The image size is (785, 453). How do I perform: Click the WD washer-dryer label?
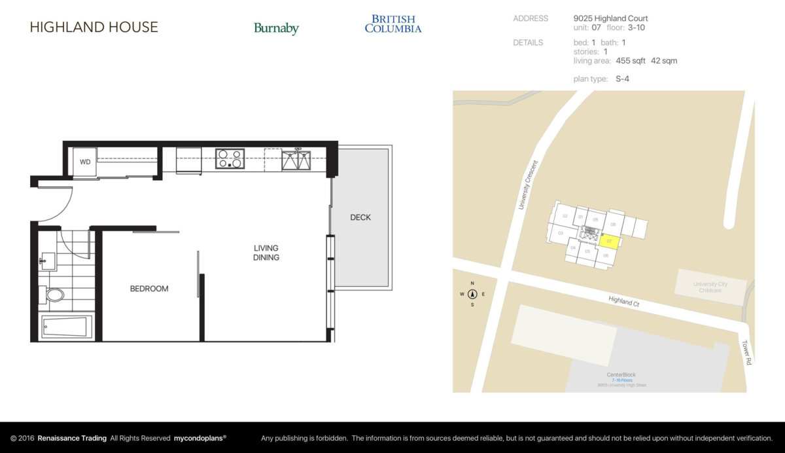coord(85,162)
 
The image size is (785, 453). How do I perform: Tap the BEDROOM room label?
coord(149,289)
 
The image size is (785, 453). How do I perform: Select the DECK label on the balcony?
coord(360,217)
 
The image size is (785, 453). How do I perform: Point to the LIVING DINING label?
coord(266,253)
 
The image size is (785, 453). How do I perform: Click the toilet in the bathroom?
coord(54,295)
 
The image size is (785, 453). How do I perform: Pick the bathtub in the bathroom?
coord(67,326)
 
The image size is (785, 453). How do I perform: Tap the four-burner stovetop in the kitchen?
coord(230,159)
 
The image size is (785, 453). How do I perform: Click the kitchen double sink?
coord(296,159)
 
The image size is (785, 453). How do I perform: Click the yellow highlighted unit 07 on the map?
coord(608,242)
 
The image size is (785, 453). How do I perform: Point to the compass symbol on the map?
coord(472,294)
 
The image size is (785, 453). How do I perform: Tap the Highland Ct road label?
coord(623,301)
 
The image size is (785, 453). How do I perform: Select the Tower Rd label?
coord(745,352)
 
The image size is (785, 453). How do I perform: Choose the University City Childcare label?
coord(710,287)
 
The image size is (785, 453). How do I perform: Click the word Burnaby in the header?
coord(276,28)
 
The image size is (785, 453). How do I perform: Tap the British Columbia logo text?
coord(393,24)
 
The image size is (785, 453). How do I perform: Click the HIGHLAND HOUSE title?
coord(94,27)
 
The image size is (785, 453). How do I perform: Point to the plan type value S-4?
coord(622,79)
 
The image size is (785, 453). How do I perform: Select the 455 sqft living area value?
coord(630,61)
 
